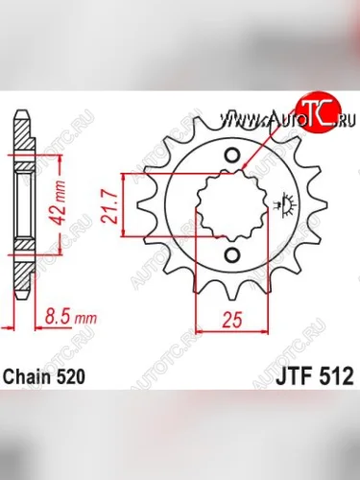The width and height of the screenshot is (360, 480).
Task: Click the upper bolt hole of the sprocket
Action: (x=230, y=156)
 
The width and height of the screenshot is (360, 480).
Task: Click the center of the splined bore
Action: (x=230, y=205)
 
